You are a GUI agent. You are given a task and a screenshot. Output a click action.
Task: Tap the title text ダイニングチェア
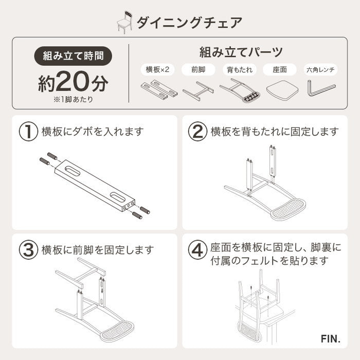[189, 22]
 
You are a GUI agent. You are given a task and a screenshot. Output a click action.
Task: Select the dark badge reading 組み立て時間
[73, 55]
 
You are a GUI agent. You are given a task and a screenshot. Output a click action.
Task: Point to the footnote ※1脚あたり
[73, 99]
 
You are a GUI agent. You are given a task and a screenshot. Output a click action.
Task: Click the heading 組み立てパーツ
[241, 52]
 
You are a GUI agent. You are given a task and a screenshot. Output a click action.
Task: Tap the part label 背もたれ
[238, 69]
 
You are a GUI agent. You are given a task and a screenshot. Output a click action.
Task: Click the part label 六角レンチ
[321, 69]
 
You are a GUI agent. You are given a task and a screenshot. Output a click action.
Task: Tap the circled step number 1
[28, 132]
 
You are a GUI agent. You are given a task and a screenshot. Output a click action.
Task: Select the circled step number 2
[197, 132]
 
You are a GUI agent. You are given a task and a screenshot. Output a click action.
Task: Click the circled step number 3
[28, 250]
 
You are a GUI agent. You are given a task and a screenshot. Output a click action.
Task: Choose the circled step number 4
[197, 250]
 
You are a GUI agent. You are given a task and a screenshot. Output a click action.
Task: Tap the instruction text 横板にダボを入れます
[93, 132]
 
